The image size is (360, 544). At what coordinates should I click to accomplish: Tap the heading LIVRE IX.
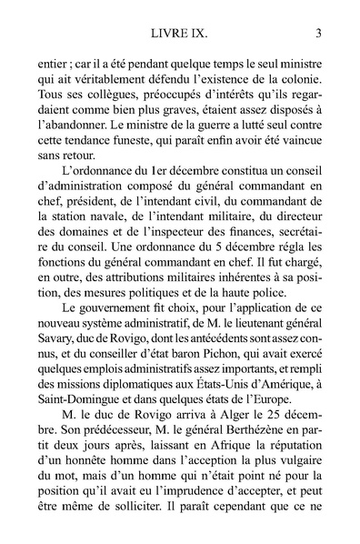point(179,35)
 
